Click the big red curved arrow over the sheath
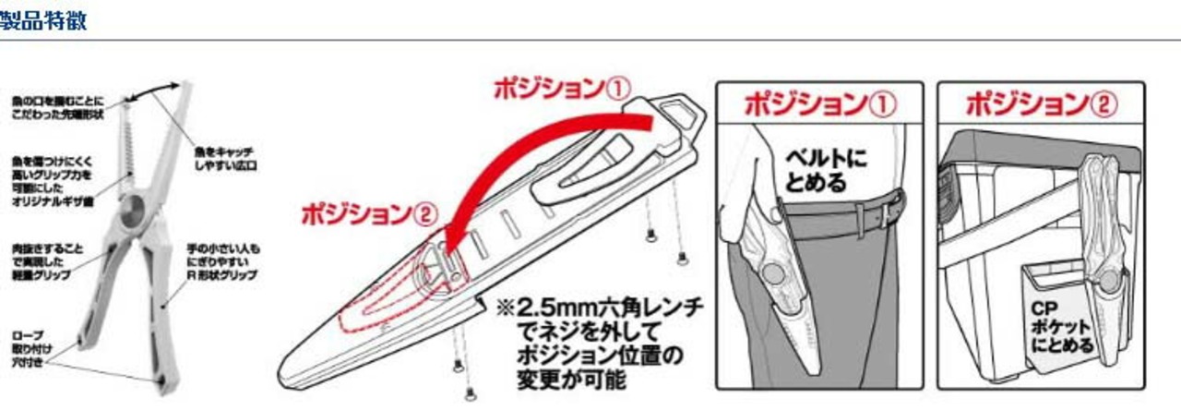517,157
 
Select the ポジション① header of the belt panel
819,103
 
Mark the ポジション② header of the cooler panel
1040,103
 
